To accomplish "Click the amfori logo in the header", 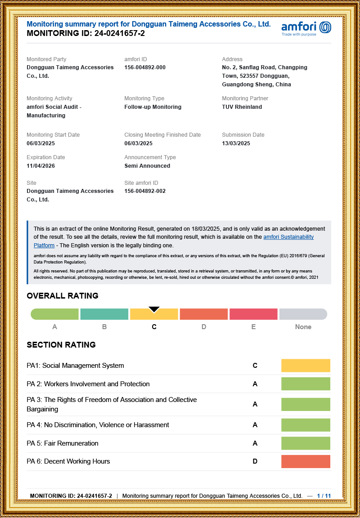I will click(306, 28).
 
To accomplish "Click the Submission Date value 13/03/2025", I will click(236, 143).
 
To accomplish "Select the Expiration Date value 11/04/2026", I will click(40, 166).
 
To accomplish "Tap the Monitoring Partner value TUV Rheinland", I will click(242, 107).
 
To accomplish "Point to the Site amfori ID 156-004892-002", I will click(145, 191).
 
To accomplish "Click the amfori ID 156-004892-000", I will click(145, 67).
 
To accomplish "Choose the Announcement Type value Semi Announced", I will click(147, 166).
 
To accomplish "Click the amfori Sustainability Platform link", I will click(288, 237).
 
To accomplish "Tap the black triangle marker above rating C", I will click(154, 309).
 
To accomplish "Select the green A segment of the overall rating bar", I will click(54, 314).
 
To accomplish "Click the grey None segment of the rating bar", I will click(303, 314).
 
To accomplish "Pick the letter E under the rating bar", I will click(253, 327).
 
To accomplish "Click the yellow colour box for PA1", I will click(306, 366).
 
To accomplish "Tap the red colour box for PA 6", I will click(306, 461).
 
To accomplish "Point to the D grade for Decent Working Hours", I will click(255, 461).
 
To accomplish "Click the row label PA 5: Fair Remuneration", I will click(62, 443).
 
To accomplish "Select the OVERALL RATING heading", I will click(63, 296).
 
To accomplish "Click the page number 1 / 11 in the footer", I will click(324, 496).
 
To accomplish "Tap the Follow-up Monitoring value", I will click(153, 107).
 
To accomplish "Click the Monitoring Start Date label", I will click(53, 135).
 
